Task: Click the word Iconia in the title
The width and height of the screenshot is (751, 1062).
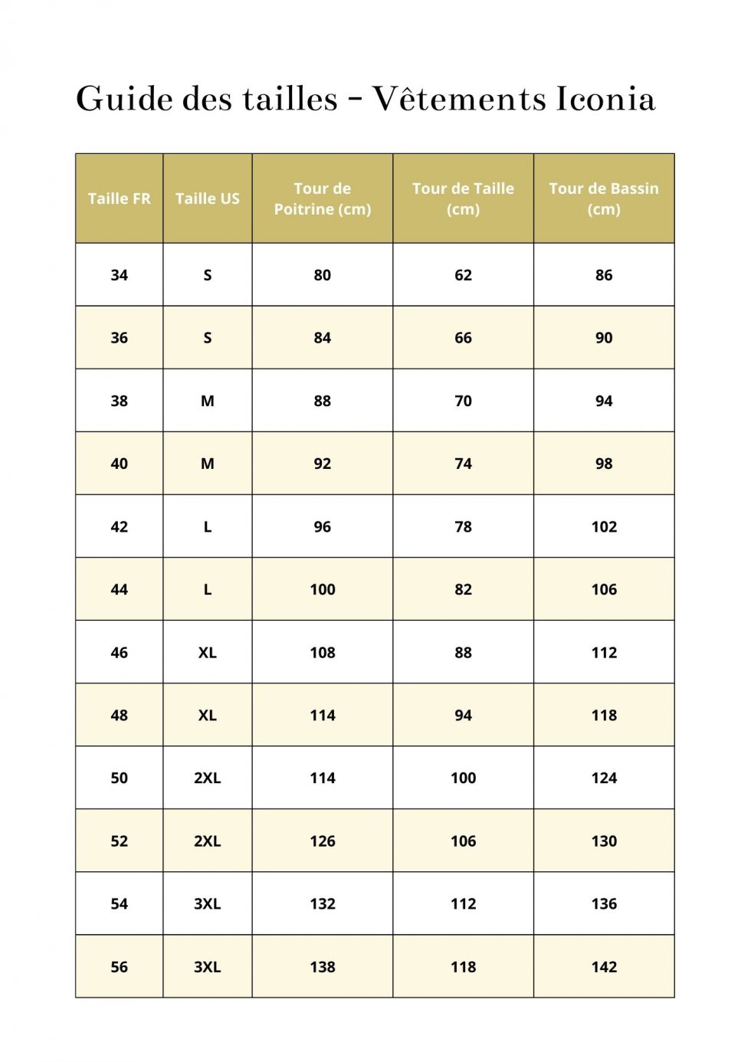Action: (605, 99)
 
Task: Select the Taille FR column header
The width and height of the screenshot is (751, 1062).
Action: (119, 198)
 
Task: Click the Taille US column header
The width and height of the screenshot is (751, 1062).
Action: (207, 198)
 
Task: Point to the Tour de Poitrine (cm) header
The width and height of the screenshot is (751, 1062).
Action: (322, 198)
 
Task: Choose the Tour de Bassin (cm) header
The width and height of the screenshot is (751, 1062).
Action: (603, 198)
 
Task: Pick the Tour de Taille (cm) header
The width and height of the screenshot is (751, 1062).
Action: (463, 198)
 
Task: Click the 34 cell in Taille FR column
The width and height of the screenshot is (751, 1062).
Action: (119, 275)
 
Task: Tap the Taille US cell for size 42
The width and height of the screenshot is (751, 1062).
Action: (207, 526)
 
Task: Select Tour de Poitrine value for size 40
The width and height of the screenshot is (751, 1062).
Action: (322, 464)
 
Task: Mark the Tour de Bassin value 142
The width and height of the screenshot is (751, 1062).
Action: (603, 967)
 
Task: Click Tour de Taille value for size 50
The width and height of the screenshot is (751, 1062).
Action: (463, 778)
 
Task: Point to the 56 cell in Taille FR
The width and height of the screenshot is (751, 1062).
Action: (119, 967)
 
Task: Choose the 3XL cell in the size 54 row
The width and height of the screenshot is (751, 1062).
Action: (207, 903)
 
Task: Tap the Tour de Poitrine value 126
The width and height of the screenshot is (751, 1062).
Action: (322, 841)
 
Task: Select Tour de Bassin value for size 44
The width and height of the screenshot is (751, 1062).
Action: (603, 589)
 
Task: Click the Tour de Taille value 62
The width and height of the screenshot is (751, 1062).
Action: (463, 275)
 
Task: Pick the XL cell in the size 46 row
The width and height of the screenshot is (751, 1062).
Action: (207, 652)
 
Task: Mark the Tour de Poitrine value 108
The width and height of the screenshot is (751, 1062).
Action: (322, 652)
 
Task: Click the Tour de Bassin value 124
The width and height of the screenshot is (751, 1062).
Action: (603, 778)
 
